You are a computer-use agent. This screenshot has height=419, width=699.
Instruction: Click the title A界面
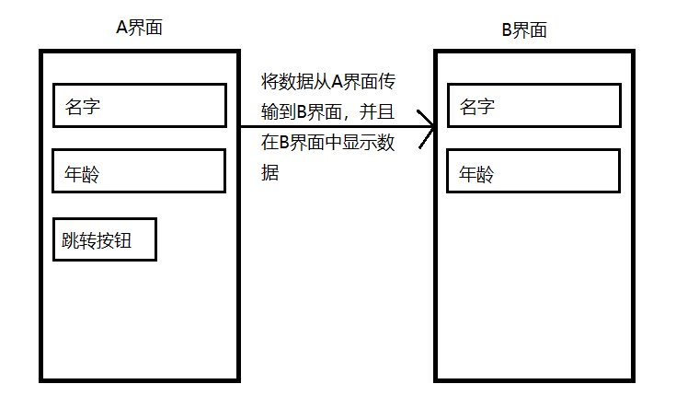pos(140,27)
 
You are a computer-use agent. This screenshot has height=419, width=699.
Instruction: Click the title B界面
pos(523,29)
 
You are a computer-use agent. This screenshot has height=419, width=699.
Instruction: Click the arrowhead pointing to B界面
pos(427,128)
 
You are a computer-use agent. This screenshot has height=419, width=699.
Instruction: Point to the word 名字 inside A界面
pos(83,106)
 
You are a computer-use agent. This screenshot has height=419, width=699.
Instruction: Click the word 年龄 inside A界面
pos(83,172)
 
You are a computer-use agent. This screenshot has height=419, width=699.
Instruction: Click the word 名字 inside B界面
pos(476,106)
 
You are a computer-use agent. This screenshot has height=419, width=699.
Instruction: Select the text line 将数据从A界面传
pos(329,82)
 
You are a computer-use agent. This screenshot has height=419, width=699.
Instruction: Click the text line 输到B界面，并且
pos(329,112)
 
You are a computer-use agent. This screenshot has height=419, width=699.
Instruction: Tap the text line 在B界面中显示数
pos(329,143)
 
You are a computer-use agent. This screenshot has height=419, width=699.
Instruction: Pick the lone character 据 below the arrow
pos(270,172)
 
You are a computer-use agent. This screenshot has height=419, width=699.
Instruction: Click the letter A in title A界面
pos(122,27)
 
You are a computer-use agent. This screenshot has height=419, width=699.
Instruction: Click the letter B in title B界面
pos(506,29)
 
